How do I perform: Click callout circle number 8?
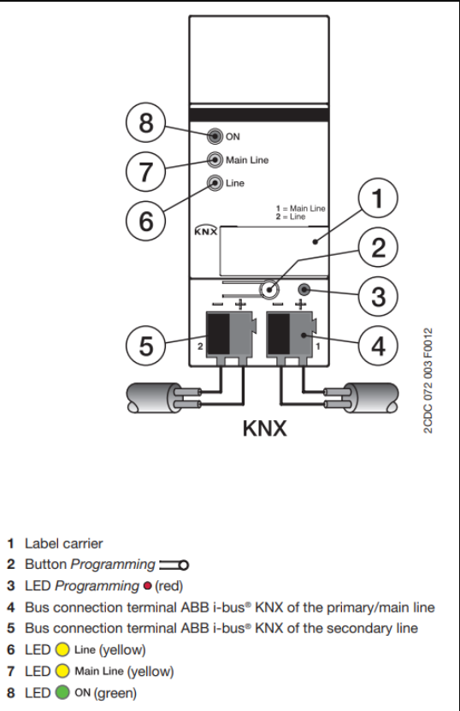[x=145, y=122]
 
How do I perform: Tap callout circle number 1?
[x=378, y=198]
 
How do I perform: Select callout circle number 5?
[x=145, y=346]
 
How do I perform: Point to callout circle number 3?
[x=378, y=297]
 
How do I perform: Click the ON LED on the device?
[x=215, y=136]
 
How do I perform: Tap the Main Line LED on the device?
[x=215, y=160]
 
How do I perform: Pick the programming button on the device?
[x=269, y=289]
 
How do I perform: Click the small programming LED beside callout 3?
[x=304, y=289]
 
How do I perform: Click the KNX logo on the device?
[x=206, y=231]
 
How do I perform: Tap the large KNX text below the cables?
[x=265, y=429]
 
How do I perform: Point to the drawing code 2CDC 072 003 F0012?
[x=428, y=381]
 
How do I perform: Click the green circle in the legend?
[x=62, y=692]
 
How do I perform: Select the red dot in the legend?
[x=147, y=586]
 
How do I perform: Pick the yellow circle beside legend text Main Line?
[x=62, y=671]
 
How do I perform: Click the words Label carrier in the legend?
[x=64, y=543]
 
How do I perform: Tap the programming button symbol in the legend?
[x=174, y=566]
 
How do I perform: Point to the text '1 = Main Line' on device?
[x=300, y=209]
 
